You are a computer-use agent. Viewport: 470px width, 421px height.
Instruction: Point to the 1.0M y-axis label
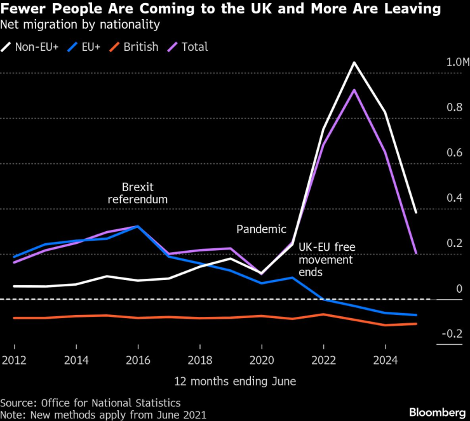(x=457, y=62)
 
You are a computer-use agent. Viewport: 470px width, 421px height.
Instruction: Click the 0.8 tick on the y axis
(x=454, y=107)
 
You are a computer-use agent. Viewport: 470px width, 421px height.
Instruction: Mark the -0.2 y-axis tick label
(x=452, y=333)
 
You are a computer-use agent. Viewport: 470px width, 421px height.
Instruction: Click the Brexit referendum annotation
(x=138, y=193)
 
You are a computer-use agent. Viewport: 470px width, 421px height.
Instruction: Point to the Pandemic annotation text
(x=261, y=229)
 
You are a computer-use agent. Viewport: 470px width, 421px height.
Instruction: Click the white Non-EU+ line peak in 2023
(x=354, y=62)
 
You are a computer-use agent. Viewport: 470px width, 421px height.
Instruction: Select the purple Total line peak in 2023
(x=354, y=89)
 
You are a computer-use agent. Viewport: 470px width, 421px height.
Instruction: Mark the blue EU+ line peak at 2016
(x=138, y=226)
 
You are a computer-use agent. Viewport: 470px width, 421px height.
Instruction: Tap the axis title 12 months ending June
(x=235, y=381)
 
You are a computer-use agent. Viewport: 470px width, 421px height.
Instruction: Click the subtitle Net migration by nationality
(x=80, y=25)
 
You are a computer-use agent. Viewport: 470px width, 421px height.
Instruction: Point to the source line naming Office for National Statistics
(x=90, y=403)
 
